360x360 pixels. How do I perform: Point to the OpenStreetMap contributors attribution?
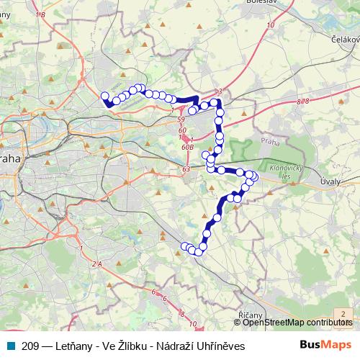pyautogui.click(x=297, y=323)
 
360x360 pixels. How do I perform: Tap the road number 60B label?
pyautogui.click(x=187, y=146)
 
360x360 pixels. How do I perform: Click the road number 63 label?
pyautogui.click(x=186, y=169)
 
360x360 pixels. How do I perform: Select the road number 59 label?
pyautogui.click(x=181, y=119)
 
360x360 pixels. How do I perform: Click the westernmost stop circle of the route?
pyautogui.click(x=105, y=96)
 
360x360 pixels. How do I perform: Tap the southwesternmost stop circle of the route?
pyautogui.click(x=184, y=246)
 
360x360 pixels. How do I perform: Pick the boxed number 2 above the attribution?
pyautogui.click(x=344, y=313)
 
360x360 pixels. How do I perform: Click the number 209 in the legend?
pyautogui.click(x=31, y=346)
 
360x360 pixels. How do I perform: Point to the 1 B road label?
pyautogui.click(x=38, y=14)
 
